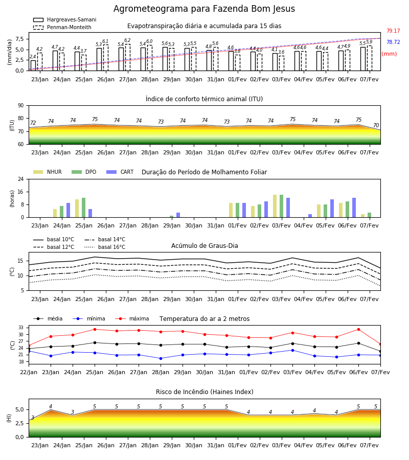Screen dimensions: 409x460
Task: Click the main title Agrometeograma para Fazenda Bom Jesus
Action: point(204,9)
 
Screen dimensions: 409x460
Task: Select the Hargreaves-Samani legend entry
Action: point(65,19)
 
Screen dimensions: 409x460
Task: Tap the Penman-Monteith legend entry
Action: point(62,27)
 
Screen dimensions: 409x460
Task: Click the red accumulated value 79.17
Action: point(393,31)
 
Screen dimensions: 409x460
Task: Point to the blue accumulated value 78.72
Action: point(393,42)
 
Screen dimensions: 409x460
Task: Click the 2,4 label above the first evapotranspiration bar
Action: point(33,57)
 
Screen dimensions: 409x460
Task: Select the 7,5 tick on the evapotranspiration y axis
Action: point(19,39)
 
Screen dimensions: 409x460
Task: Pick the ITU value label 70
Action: point(376,125)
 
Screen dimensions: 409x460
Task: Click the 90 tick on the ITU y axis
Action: point(21,106)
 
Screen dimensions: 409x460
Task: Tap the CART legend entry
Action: point(120,172)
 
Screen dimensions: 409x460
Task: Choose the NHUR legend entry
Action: point(48,172)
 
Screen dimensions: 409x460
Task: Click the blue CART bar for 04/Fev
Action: point(310,216)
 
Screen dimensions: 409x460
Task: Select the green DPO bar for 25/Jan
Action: point(84,208)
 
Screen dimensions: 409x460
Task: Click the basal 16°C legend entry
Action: point(105,247)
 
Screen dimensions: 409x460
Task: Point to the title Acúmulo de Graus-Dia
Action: point(204,246)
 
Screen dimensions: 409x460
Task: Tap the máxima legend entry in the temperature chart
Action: point(132,318)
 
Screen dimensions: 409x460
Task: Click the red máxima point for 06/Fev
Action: point(358,330)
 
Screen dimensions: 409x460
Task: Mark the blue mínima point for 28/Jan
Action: point(161,358)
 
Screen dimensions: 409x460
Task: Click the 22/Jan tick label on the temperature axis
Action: point(29,372)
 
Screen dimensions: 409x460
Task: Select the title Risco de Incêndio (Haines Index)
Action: point(204,392)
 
